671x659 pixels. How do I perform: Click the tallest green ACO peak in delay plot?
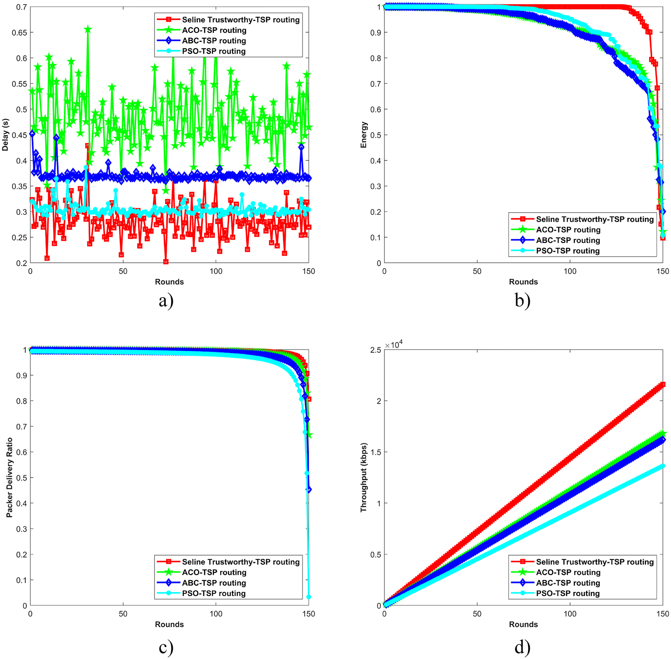(87, 30)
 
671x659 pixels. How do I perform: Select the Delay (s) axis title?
(5, 135)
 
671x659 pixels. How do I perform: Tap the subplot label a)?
(166, 301)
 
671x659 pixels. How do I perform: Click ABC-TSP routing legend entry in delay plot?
(214, 41)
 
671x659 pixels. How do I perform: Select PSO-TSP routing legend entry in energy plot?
(568, 251)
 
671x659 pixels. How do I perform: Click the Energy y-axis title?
(364, 135)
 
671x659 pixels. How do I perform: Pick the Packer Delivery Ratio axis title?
(10, 477)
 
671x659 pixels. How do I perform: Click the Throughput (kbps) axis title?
(364, 477)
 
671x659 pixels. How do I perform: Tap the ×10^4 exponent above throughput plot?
(394, 345)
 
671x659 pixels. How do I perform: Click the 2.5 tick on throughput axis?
(375, 350)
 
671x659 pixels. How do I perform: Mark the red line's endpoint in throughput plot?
(663, 385)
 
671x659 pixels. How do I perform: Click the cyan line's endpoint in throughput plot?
(663, 466)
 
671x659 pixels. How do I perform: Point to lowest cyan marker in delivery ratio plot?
(309, 597)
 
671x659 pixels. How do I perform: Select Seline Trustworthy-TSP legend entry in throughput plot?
(595, 562)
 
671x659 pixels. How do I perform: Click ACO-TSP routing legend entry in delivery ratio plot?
(214, 572)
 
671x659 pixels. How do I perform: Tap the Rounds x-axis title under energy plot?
(523, 282)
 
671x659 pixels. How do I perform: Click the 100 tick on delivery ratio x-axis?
(216, 614)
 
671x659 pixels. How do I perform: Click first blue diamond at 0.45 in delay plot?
(32, 134)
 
